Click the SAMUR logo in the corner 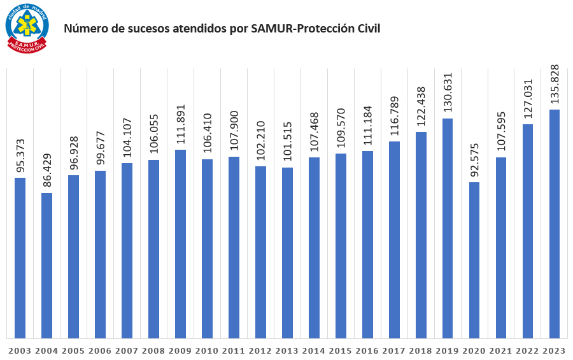pos(27,27)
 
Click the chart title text pos(222,29)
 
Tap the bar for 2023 pos(554,224)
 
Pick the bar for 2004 pos(47,265)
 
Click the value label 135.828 pos(555,85)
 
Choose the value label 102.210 pos(261,142)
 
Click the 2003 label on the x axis pos(20,351)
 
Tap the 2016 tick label pos(367,351)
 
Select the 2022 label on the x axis pos(528,351)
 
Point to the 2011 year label pos(234,351)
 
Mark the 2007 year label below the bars pos(127,351)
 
